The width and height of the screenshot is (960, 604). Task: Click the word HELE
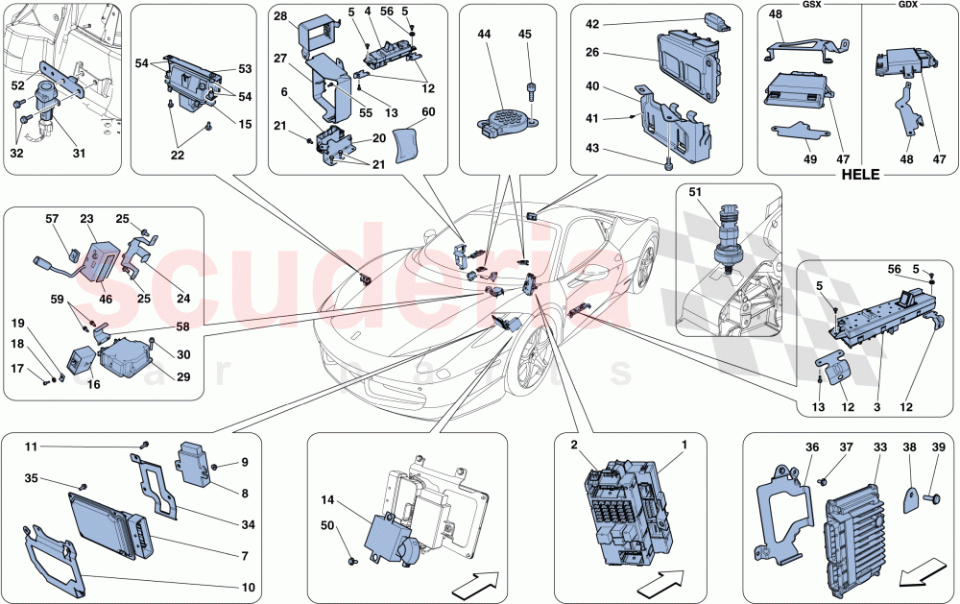click(x=861, y=177)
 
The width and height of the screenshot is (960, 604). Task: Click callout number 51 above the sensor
click(x=695, y=192)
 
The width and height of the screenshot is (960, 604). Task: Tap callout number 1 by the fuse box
click(x=684, y=445)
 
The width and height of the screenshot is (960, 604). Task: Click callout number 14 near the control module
click(x=328, y=500)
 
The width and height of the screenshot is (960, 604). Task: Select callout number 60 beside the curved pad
click(x=429, y=112)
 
